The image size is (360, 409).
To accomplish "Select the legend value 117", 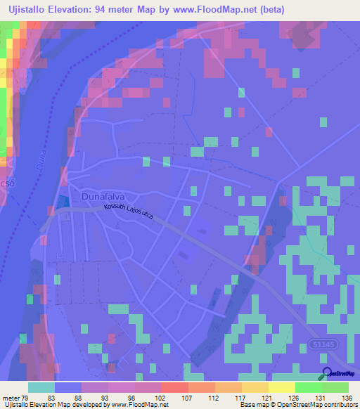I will (241, 397).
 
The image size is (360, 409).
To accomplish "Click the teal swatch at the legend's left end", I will (41, 387).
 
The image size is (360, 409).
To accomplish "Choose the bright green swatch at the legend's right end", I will (335, 387).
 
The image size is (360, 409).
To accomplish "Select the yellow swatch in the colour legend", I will (282, 387).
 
